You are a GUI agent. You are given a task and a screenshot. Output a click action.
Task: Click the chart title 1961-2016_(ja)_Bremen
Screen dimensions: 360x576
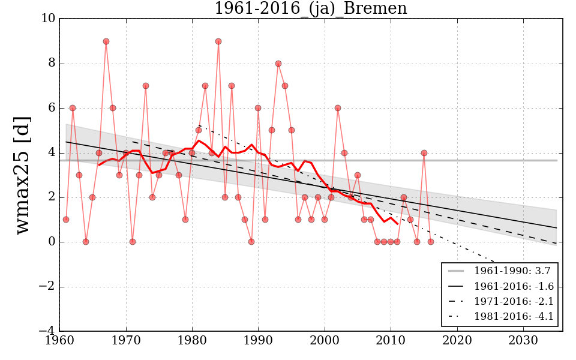[x=310, y=8]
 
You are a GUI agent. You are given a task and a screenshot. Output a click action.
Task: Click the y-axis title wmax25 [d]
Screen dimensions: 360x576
[x=22, y=175]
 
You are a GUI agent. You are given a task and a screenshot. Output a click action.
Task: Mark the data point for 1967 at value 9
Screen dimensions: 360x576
[x=106, y=41]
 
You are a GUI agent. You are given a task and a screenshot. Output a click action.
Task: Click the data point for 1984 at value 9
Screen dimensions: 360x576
[x=218, y=41]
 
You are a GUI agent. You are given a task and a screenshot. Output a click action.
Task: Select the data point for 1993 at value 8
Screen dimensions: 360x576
[x=278, y=64]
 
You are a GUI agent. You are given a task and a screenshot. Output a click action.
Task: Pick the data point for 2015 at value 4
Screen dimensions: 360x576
[x=424, y=152]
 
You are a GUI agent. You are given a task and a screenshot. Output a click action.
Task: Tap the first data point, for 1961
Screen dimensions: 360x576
[x=66, y=220]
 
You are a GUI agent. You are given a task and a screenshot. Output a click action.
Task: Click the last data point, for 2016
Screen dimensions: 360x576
[x=430, y=242]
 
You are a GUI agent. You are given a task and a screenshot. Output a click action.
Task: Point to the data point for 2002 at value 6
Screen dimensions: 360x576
[x=338, y=108]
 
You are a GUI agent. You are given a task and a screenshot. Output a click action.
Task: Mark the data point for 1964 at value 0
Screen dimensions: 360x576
[x=86, y=242]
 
